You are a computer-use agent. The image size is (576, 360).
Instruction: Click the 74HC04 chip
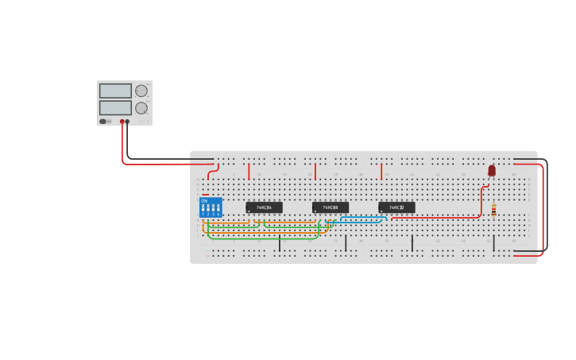click(x=264, y=207)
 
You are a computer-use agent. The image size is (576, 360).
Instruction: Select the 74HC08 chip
click(x=330, y=207)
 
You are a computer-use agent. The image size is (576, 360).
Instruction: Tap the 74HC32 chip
click(x=396, y=207)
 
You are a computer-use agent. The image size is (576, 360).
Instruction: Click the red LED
click(x=492, y=170)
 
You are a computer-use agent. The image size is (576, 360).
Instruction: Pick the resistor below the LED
click(x=493, y=210)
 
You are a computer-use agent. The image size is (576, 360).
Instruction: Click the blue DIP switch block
click(x=211, y=207)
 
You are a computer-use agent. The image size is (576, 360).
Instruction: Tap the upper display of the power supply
click(x=115, y=91)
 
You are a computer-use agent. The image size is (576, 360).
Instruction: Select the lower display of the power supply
click(x=115, y=108)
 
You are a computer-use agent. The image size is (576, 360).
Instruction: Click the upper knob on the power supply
click(x=141, y=91)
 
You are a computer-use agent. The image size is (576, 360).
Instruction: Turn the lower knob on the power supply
click(x=141, y=108)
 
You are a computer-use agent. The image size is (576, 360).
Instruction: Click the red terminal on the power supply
click(x=122, y=122)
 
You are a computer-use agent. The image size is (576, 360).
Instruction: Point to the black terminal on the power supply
click(x=128, y=122)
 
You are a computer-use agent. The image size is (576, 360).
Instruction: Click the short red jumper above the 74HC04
click(x=249, y=172)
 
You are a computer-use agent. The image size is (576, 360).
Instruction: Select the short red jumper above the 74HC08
click(x=315, y=172)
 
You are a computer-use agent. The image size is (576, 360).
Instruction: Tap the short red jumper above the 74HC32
click(x=381, y=172)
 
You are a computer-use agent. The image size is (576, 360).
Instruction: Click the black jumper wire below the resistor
click(x=493, y=242)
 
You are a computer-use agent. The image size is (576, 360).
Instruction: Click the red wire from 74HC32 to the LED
click(x=445, y=217)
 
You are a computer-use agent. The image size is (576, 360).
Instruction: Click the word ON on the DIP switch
click(x=204, y=200)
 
